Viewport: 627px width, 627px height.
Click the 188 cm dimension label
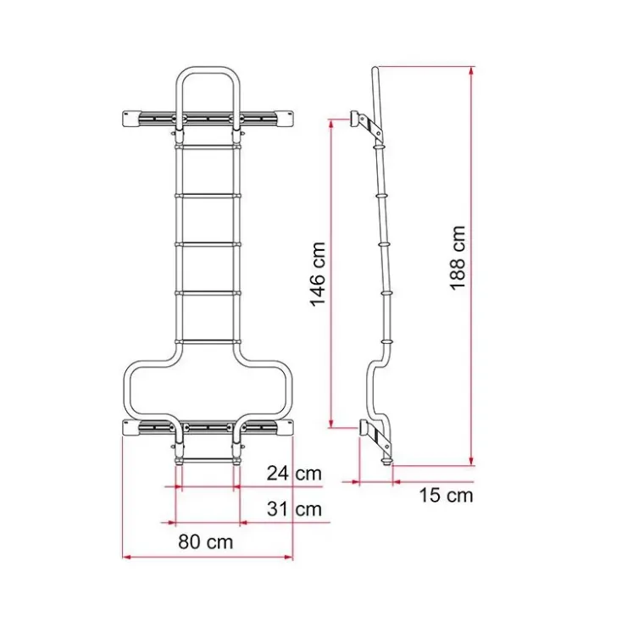[x=458, y=258]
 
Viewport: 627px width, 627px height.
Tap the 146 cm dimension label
[x=319, y=275]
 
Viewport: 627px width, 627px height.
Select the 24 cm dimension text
[x=294, y=474]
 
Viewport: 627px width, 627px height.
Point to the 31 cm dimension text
[x=294, y=509]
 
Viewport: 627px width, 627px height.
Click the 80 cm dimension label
[x=206, y=541]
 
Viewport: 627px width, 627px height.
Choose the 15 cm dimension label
[x=446, y=496]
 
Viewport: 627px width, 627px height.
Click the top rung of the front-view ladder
[x=208, y=147]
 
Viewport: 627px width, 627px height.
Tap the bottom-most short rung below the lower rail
[x=208, y=461]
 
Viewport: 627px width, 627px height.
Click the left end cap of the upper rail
[x=131, y=119]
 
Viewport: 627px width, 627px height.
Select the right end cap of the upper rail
[x=284, y=119]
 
